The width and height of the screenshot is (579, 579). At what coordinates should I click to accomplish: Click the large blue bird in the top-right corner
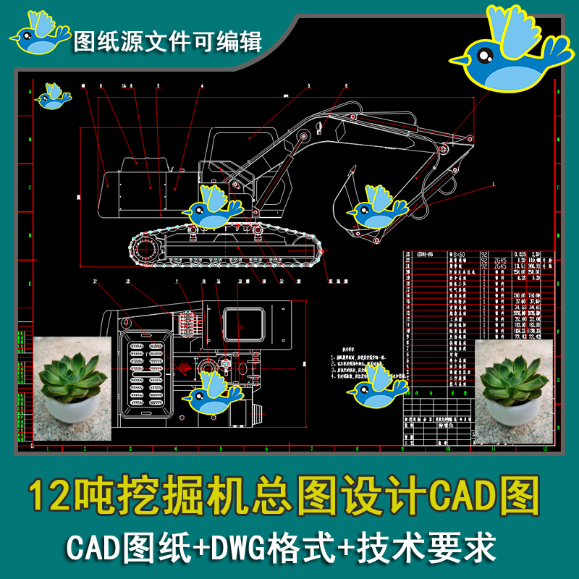coord(507,54)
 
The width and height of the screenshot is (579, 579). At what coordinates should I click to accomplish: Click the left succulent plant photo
coord(72,388)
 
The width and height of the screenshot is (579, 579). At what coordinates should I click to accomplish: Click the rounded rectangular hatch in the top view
coord(242,325)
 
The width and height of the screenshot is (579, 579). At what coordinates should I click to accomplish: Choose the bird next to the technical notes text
coord(377,385)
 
